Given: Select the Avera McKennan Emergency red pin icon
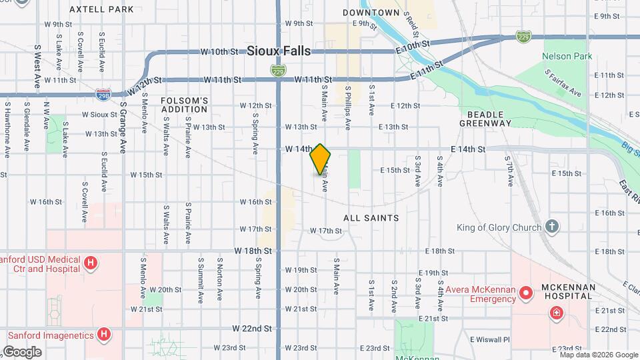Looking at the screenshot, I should pyautogui.click(x=526, y=293).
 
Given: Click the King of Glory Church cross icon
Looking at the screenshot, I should pyautogui.click(x=551, y=227).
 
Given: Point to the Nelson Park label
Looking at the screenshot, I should pyautogui.click(x=567, y=57).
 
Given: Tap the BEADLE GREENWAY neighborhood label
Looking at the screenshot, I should pyautogui.click(x=485, y=119).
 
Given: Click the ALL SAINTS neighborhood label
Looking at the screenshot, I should pyautogui.click(x=371, y=218).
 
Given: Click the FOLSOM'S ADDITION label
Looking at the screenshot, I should pyautogui.click(x=185, y=105).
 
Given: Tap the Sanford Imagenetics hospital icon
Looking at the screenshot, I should pyautogui.click(x=103, y=334).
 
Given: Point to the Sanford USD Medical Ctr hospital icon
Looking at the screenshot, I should pyautogui.click(x=90, y=264).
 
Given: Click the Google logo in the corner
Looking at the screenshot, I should pyautogui.click(x=21, y=351).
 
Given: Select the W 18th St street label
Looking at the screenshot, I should pyautogui.click(x=253, y=251).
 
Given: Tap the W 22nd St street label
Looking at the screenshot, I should pyautogui.click(x=252, y=329).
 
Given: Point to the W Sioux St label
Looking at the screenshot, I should pyautogui.click(x=99, y=115).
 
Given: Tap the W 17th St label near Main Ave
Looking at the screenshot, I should pyautogui.click(x=325, y=231).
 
